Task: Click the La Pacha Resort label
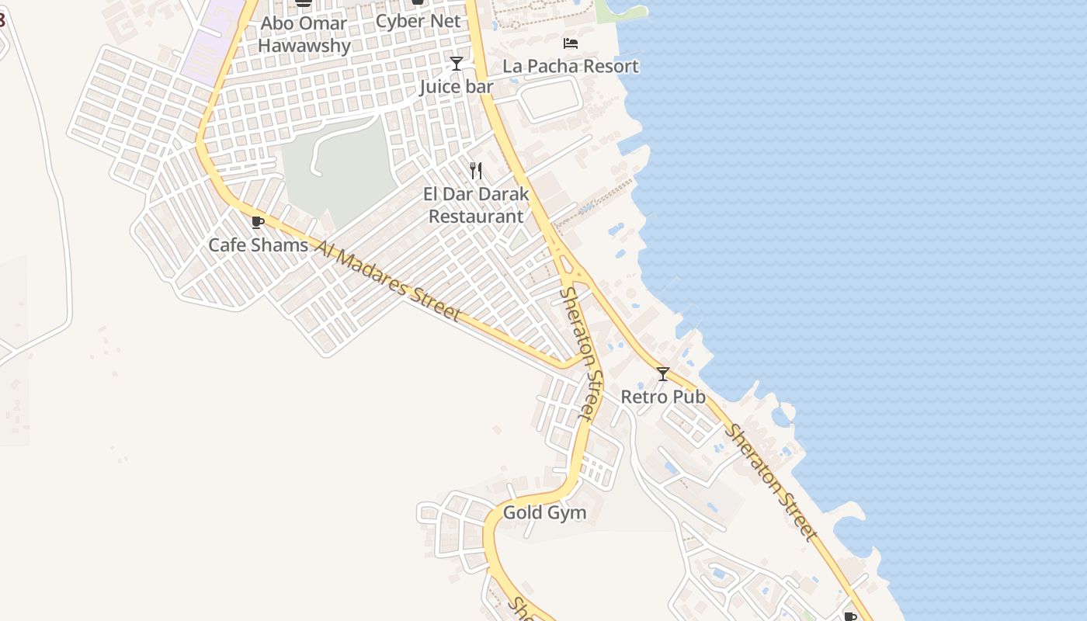click(571, 66)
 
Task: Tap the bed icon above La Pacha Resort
click(571, 43)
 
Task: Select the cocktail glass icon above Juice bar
click(457, 63)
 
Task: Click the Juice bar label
click(457, 86)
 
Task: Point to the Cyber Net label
click(418, 21)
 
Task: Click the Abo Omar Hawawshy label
click(304, 34)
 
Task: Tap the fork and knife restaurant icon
click(476, 170)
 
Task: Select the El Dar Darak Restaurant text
click(476, 205)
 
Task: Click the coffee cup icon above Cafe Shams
click(258, 223)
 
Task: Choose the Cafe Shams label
click(258, 245)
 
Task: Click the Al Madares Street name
click(388, 280)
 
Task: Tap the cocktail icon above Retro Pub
click(663, 374)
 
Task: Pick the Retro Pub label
click(663, 397)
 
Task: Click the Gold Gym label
click(544, 512)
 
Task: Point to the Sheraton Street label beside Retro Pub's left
click(582, 353)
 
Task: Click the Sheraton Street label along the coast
click(771, 483)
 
